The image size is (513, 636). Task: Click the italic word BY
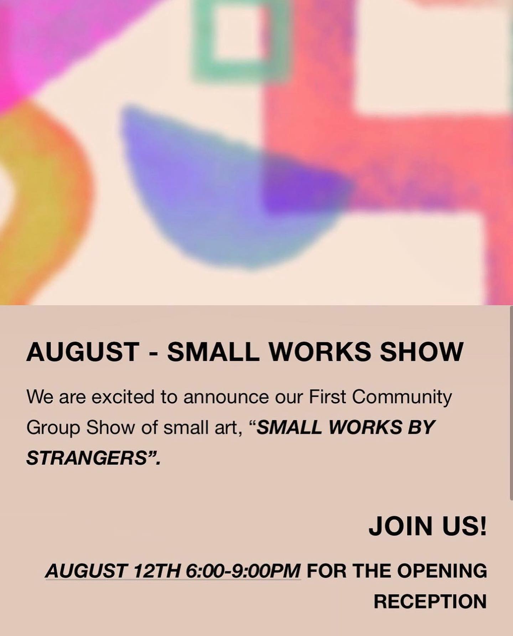[x=422, y=427]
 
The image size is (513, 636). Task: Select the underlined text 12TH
[x=156, y=571]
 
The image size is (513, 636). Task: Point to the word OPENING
[x=442, y=571]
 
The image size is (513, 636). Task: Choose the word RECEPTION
[x=430, y=601]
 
